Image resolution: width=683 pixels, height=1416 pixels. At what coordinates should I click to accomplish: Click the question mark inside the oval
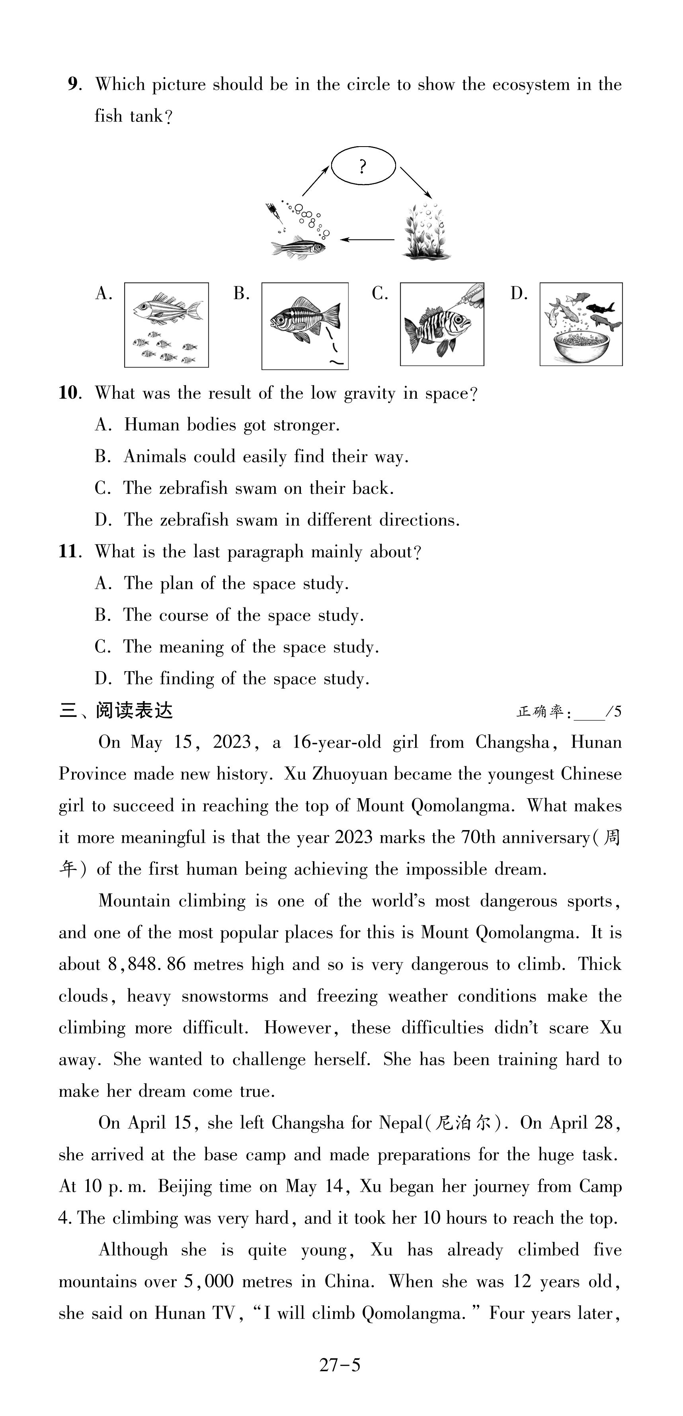click(x=362, y=166)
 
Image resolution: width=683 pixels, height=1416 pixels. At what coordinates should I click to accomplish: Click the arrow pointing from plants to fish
click(x=367, y=239)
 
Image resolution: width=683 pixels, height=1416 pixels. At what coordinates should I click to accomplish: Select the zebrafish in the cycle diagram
click(x=299, y=246)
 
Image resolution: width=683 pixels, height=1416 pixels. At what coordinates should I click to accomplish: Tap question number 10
click(x=70, y=393)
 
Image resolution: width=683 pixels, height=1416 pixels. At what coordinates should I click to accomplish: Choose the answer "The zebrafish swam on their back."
click(x=258, y=488)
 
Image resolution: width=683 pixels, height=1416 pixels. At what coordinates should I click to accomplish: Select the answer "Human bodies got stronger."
click(x=231, y=425)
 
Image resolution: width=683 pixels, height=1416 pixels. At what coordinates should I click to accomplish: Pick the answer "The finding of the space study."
click(x=246, y=678)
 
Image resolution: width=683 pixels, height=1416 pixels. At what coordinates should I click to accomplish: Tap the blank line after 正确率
click(x=589, y=713)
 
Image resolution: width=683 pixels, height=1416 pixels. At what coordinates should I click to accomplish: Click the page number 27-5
click(x=340, y=1365)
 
